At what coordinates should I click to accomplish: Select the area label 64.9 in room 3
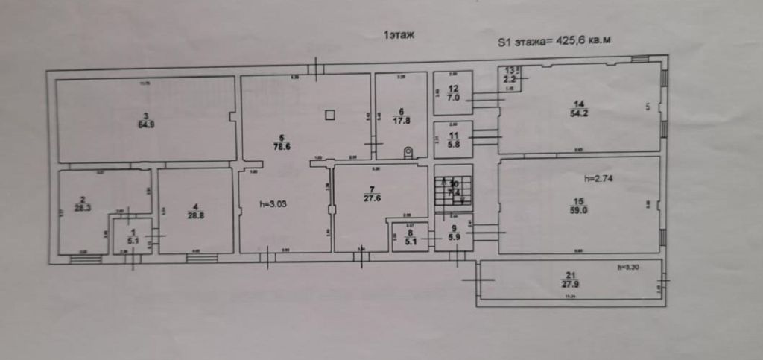point(146,124)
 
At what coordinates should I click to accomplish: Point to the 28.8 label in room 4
point(194,215)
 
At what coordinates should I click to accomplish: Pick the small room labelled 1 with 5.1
point(132,236)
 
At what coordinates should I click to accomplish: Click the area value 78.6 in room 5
point(281,147)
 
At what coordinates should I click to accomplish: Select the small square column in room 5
point(330,114)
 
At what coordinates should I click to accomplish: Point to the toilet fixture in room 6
point(408,152)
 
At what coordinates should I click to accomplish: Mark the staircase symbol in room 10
point(453,190)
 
